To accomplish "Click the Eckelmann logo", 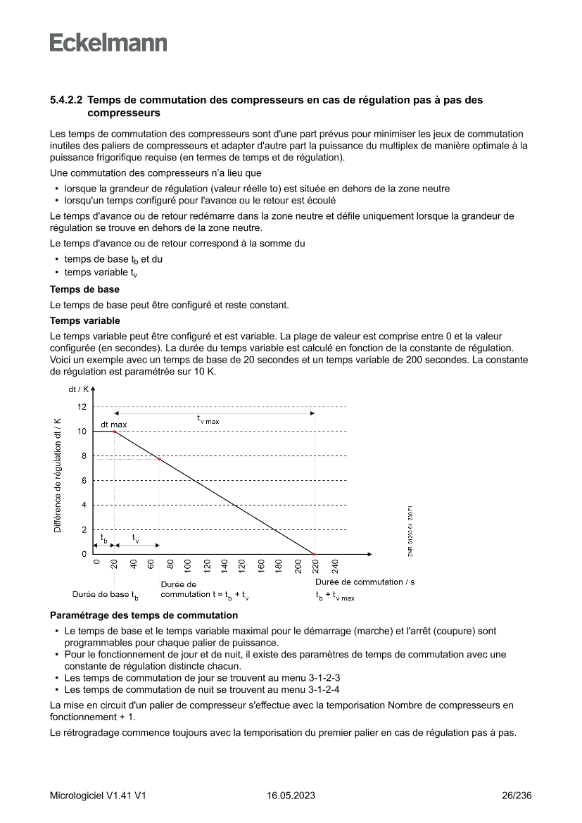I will tap(108, 43).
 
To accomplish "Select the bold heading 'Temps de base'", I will tap(84, 289).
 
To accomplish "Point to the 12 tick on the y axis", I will tap(82, 407).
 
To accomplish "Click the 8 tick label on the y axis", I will tap(84, 456).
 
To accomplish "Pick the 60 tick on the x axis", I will tap(151, 565).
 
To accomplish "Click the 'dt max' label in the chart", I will tap(113, 425).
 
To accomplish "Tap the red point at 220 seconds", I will tap(314, 554).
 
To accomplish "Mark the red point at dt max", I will tap(114, 432).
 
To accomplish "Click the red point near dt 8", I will tap(160, 460).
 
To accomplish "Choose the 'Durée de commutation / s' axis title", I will tap(365, 582).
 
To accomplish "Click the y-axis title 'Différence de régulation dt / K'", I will tap(58, 475).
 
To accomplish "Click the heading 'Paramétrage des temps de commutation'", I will tap(144, 615).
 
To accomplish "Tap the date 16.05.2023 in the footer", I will tap(291, 796).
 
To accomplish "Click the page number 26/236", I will tap(517, 796).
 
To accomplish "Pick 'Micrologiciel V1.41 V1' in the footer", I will tap(98, 796).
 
